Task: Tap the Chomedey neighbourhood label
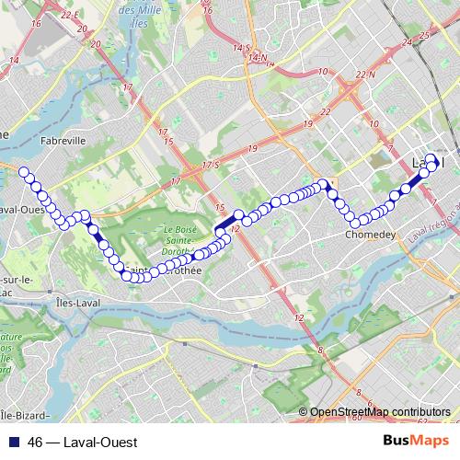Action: [371, 234]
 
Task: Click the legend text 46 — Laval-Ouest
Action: [83, 443]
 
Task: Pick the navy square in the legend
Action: [16, 443]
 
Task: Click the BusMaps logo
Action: [415, 442]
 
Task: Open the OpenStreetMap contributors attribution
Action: [379, 411]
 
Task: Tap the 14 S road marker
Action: [241, 46]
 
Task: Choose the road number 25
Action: [423, 35]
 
